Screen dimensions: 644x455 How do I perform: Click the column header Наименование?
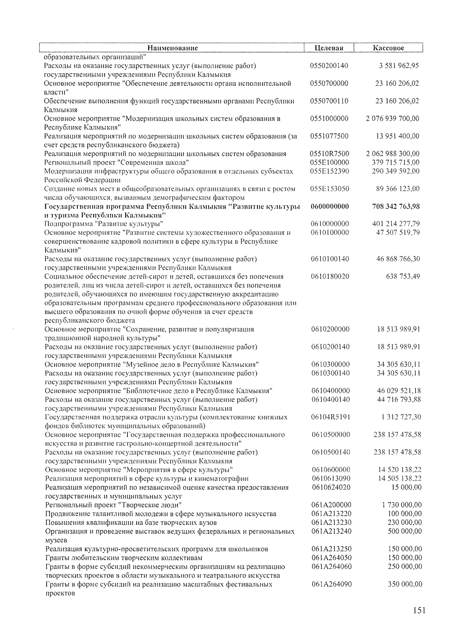(173, 48)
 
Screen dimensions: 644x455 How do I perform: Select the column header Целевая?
(329, 48)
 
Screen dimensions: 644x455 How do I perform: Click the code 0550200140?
(329, 66)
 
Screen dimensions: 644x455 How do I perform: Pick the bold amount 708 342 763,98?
(396, 206)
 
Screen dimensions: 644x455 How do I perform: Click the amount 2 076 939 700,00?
(392, 118)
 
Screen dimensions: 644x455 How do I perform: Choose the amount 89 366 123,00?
(396, 189)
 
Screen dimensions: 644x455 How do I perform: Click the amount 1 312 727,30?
(401, 417)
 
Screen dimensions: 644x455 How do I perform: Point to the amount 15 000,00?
(406, 487)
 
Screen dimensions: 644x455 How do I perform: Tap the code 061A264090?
(331, 584)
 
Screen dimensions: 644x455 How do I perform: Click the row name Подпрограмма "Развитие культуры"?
(104, 224)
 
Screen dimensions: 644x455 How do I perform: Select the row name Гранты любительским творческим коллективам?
(124, 558)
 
